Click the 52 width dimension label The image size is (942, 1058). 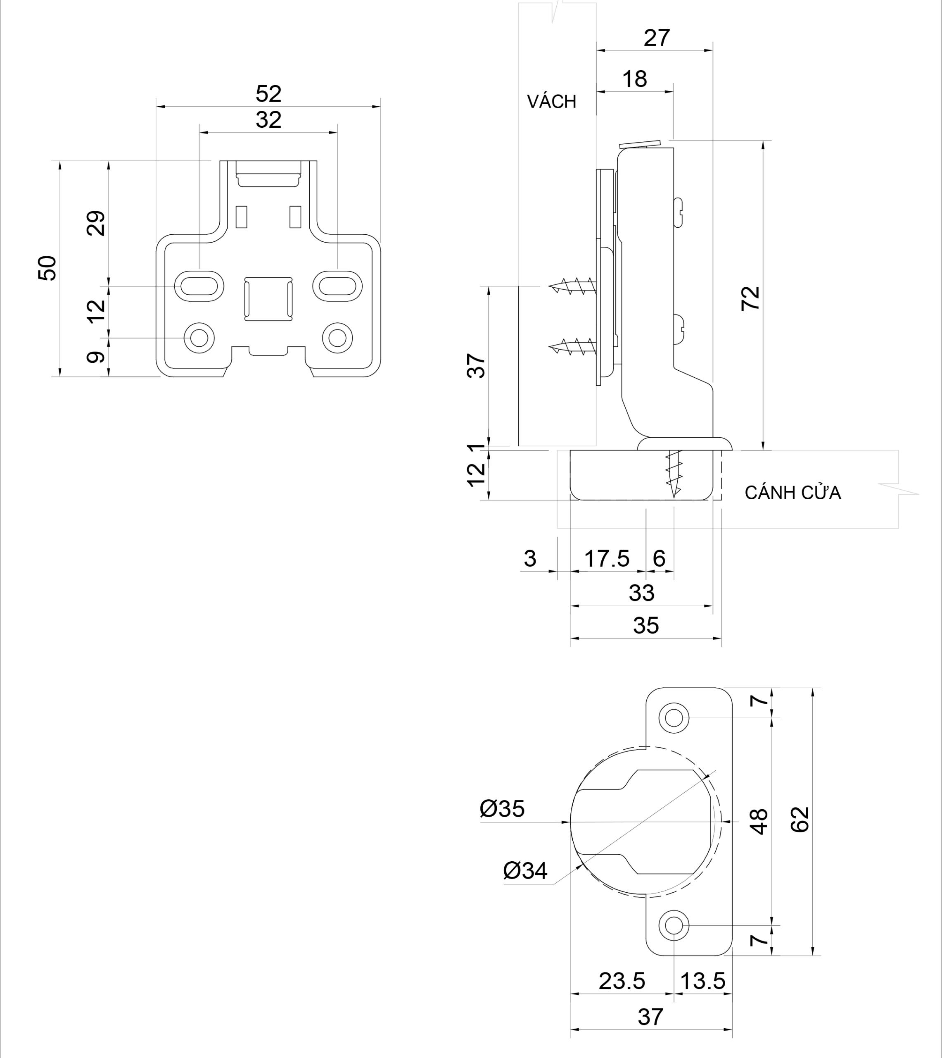click(268, 94)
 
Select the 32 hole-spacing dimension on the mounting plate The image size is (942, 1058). click(268, 119)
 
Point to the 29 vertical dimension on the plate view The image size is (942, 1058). click(96, 223)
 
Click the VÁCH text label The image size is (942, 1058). click(552, 102)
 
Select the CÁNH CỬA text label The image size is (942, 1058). click(793, 493)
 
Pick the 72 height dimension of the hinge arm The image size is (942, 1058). click(750, 298)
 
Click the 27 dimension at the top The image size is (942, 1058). click(657, 38)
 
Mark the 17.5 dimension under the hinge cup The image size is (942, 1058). click(607, 559)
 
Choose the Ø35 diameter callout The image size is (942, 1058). click(502, 809)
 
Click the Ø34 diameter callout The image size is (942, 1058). click(525, 871)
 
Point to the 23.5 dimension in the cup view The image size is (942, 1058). click(622, 981)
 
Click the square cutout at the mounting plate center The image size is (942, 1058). click(268, 299)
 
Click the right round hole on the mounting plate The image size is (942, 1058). click(337, 338)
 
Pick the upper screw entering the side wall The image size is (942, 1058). click(572, 286)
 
